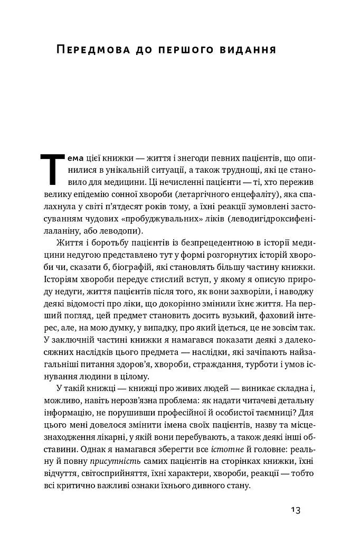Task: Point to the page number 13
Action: [295, 510]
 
